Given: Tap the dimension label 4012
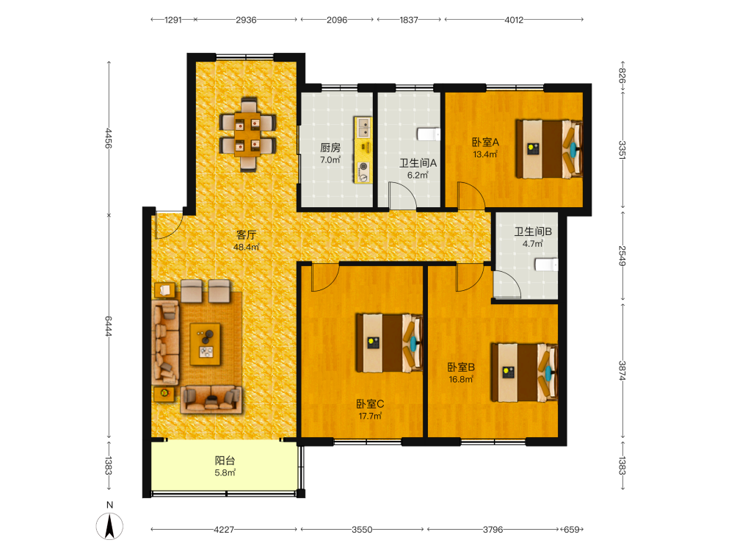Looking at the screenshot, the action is [514, 20].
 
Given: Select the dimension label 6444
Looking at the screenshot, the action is [108, 326].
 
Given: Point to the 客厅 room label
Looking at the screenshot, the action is [246, 235].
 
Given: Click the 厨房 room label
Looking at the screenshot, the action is [330, 148].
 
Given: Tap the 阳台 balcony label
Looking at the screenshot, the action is [225, 461].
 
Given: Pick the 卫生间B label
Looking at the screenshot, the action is [533, 231].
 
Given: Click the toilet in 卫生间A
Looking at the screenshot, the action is [429, 134].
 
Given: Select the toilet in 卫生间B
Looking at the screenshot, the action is [546, 265].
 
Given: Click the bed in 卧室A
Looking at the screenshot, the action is [549, 149].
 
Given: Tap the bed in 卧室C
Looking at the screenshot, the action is [390, 343].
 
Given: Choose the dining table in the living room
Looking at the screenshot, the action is [247, 134].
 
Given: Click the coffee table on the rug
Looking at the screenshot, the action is [206, 345].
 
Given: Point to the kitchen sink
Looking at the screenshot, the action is [364, 127].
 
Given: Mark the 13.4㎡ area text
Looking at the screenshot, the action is [485, 154].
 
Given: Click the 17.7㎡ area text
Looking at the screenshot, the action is [370, 416].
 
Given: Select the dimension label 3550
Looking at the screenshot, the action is [362, 530].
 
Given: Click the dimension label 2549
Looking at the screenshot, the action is [622, 256].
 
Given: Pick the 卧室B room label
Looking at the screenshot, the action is [461, 367].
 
